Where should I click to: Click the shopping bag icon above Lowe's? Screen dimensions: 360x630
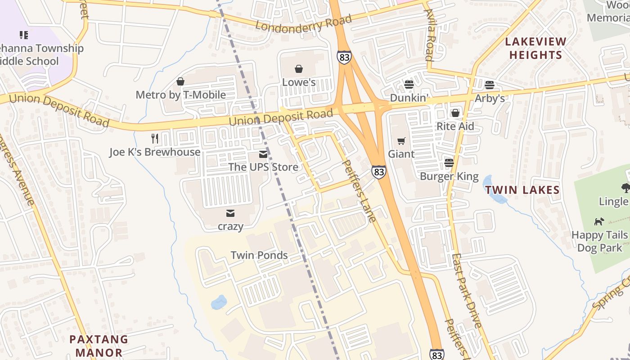tap(299, 69)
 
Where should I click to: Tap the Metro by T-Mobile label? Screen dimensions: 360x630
tap(180, 95)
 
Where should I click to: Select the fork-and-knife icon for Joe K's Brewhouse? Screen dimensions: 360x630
tap(155, 138)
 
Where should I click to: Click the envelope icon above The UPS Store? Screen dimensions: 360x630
tap(263, 155)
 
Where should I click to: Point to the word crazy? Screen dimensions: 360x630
tap(230, 226)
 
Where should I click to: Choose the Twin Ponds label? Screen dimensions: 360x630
tap(259, 255)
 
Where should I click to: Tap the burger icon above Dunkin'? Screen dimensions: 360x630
tap(409, 85)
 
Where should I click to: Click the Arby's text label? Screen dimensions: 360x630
tap(490, 98)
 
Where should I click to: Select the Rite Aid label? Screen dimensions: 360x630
tap(455, 126)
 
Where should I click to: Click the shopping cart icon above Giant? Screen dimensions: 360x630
tap(401, 141)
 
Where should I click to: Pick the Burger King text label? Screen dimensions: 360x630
tap(449, 176)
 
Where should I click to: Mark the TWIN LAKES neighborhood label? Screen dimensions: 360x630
tap(522, 190)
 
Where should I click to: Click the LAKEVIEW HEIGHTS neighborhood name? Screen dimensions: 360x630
tap(535, 49)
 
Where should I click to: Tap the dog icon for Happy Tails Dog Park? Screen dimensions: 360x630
tap(599, 221)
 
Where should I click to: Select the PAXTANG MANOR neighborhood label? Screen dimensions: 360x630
tap(99, 346)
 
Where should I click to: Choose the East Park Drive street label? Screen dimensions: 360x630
tap(467, 291)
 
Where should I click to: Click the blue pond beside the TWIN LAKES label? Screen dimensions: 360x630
tap(494, 189)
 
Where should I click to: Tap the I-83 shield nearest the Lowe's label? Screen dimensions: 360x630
tap(343, 57)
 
